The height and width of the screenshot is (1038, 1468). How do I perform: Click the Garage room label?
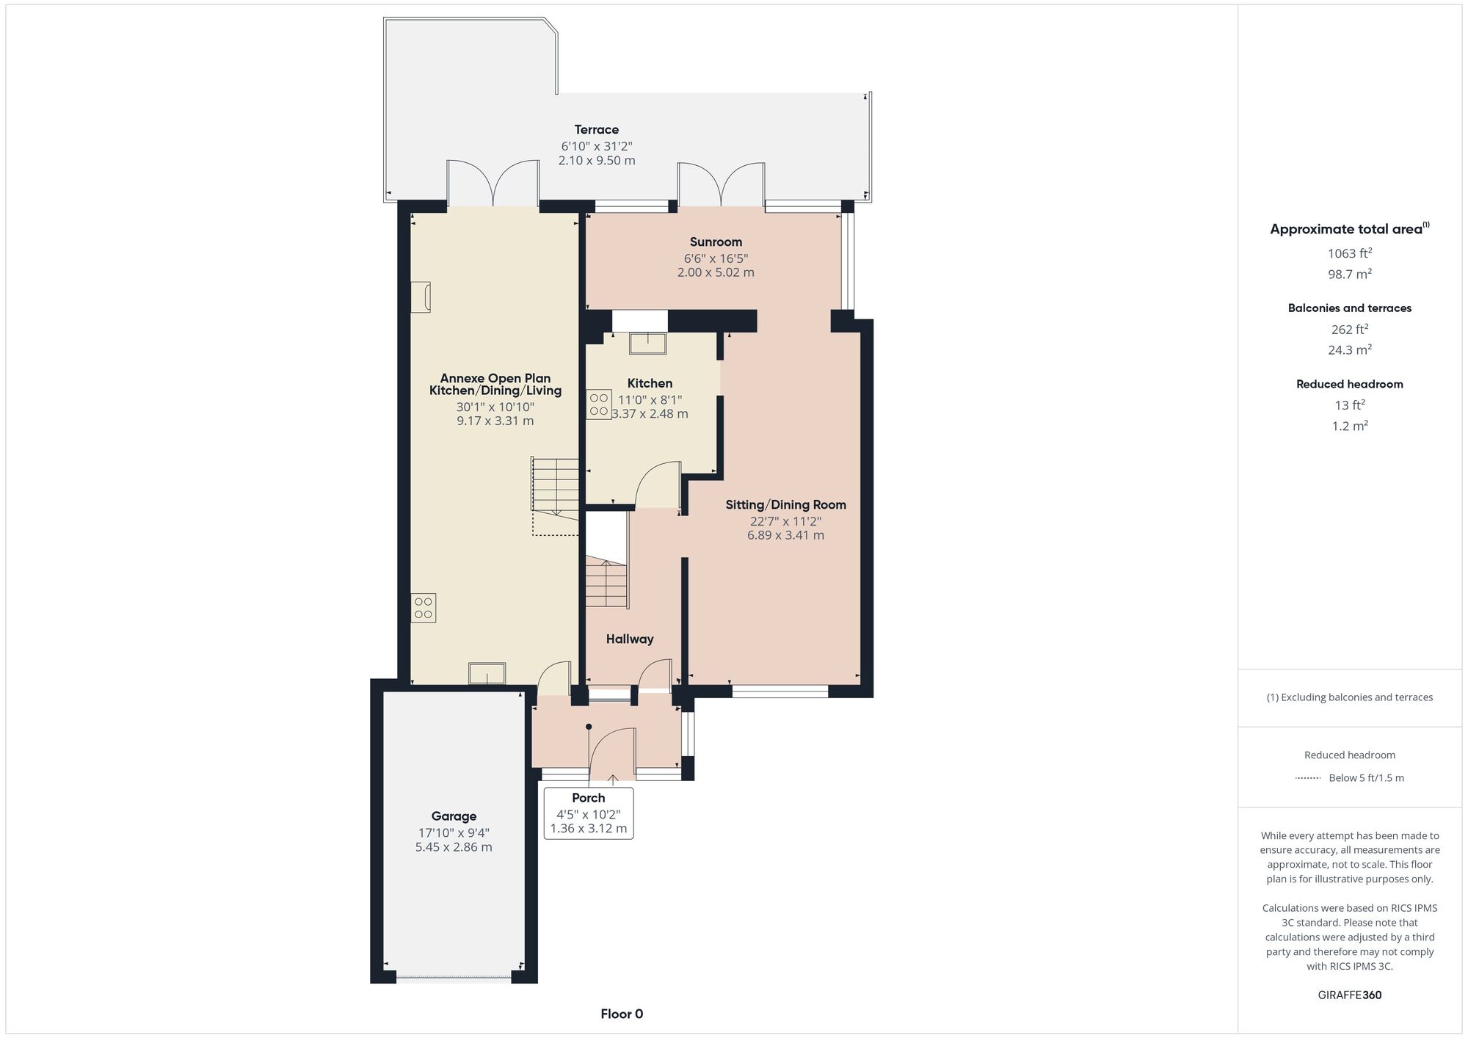click(454, 816)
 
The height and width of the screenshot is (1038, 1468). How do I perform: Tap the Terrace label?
click(596, 130)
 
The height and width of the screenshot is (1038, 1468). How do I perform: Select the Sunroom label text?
click(716, 242)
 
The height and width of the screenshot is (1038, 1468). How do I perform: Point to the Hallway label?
click(630, 639)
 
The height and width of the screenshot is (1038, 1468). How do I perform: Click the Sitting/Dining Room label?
click(785, 505)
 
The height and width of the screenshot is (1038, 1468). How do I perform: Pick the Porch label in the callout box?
click(589, 798)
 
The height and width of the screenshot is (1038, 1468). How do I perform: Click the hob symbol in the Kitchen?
click(599, 404)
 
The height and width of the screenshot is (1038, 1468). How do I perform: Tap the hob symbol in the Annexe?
click(424, 608)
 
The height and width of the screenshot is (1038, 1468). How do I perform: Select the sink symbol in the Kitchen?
click(647, 343)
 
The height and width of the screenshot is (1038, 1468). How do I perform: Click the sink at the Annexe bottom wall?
click(487, 673)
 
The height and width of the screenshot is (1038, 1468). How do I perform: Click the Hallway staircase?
click(607, 584)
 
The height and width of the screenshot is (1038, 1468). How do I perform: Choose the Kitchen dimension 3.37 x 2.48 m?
click(650, 414)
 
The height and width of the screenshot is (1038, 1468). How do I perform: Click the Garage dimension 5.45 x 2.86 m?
click(454, 847)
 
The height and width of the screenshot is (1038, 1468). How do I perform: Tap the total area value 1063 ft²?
click(1350, 253)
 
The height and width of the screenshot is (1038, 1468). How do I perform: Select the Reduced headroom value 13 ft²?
click(1350, 405)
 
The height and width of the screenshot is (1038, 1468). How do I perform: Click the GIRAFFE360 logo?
click(1350, 995)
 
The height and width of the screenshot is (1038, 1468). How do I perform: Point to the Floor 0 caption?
click(622, 1015)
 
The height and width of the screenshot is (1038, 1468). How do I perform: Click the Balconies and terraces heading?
click(1350, 308)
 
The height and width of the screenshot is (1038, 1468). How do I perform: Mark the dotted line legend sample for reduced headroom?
click(1308, 778)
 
